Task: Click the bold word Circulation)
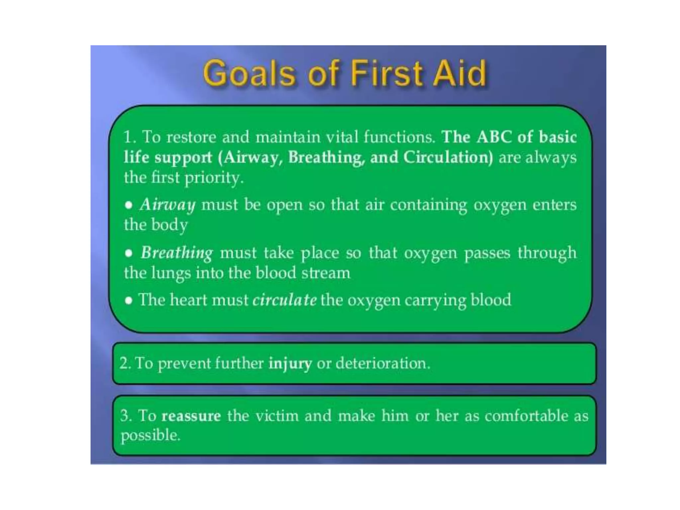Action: pos(448,157)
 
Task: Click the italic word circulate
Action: pos(284,300)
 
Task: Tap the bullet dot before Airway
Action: pos(128,205)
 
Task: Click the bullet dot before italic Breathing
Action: pos(128,253)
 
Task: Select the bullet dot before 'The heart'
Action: pos(128,300)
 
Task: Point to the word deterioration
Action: pos(382,363)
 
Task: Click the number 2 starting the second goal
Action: pos(124,363)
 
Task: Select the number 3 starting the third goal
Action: pos(125,416)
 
